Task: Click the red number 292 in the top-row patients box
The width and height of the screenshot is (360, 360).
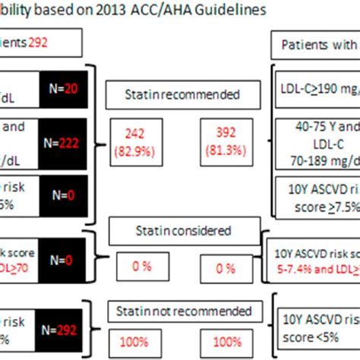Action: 38,44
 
